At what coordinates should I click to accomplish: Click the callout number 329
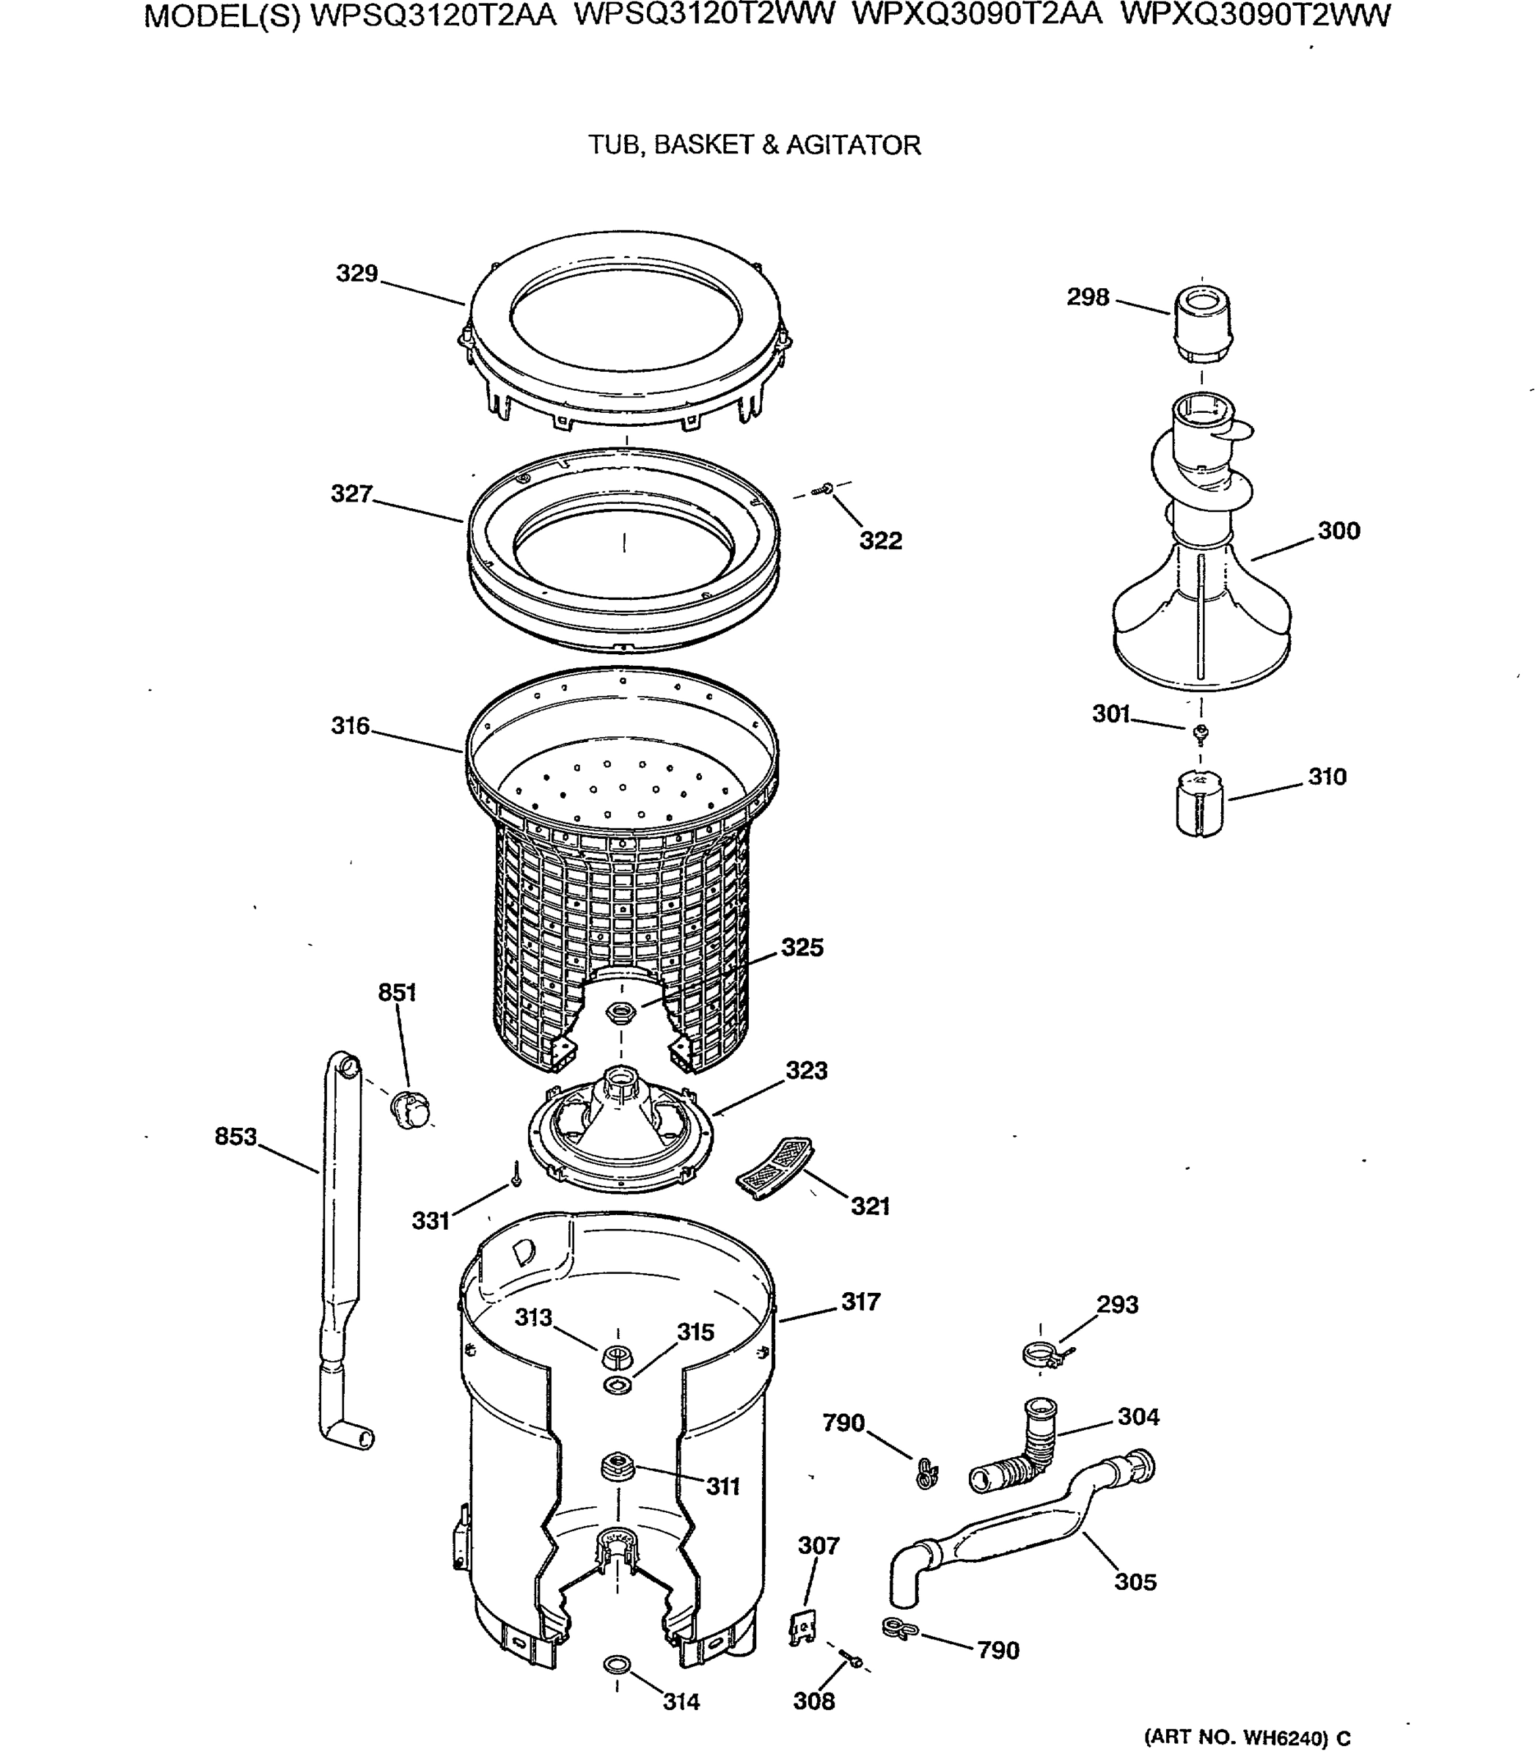(x=356, y=274)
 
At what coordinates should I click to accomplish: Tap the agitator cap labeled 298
(x=1201, y=326)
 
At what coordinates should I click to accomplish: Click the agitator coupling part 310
(x=1201, y=802)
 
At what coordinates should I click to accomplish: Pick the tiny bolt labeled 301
(x=1201, y=731)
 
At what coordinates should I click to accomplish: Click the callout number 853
(x=235, y=1136)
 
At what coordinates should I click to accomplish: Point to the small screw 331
(x=516, y=1175)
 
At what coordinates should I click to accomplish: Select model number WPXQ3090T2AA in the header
(x=978, y=15)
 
